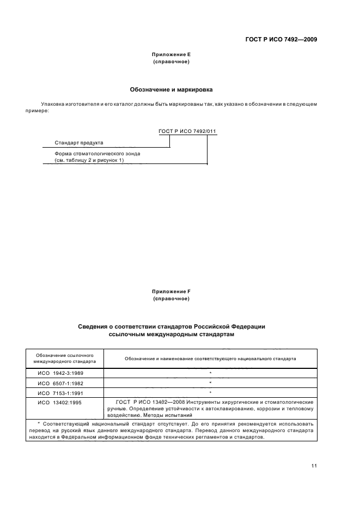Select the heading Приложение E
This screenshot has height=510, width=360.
tap(171, 55)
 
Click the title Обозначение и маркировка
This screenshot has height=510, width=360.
tap(171, 89)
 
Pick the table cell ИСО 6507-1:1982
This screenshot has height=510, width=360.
tap(61, 382)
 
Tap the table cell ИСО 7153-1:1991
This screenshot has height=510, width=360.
tap(61, 392)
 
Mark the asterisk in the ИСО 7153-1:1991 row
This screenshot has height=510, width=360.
tap(210, 392)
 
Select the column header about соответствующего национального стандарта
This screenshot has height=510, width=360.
tap(210, 359)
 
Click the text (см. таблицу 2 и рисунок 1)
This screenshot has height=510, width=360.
tap(89, 161)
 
